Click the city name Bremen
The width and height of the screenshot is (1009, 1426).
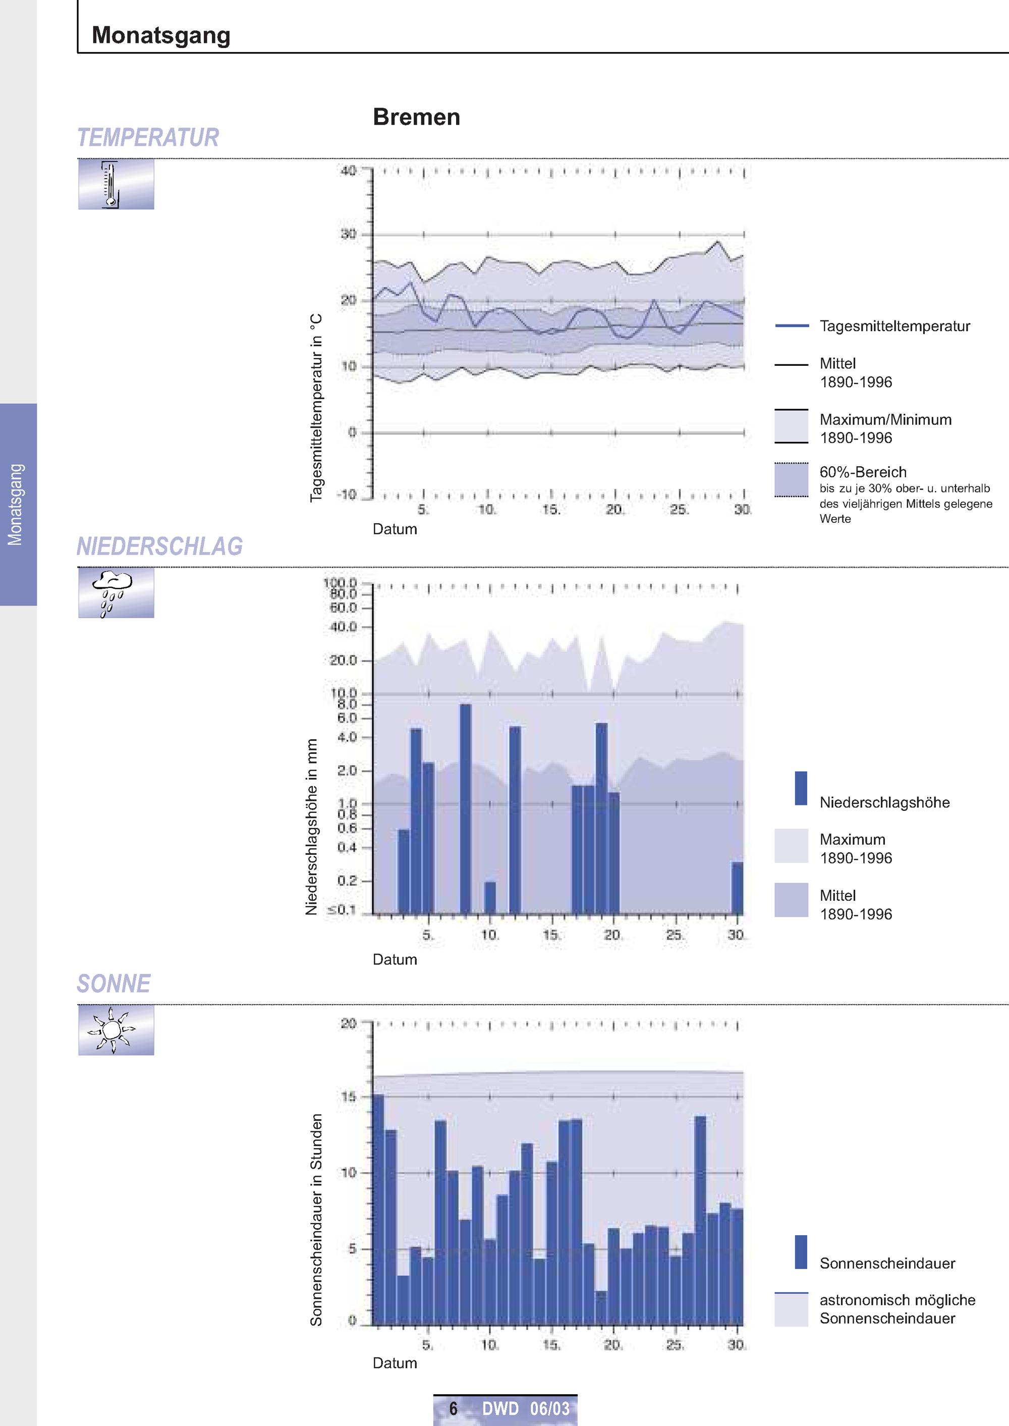[x=416, y=117]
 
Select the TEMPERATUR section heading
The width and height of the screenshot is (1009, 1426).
[x=148, y=137]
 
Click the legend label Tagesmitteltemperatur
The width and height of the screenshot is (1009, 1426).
[x=894, y=326]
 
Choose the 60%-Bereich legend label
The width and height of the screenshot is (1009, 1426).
[x=863, y=472]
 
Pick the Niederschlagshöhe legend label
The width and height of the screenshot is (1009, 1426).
[x=885, y=802]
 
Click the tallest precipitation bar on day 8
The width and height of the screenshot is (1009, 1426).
[x=465, y=809]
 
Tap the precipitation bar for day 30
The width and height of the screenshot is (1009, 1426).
[x=738, y=888]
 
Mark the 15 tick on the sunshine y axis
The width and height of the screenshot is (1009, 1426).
[x=349, y=1096]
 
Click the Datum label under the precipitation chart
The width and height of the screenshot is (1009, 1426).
[x=395, y=959]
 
